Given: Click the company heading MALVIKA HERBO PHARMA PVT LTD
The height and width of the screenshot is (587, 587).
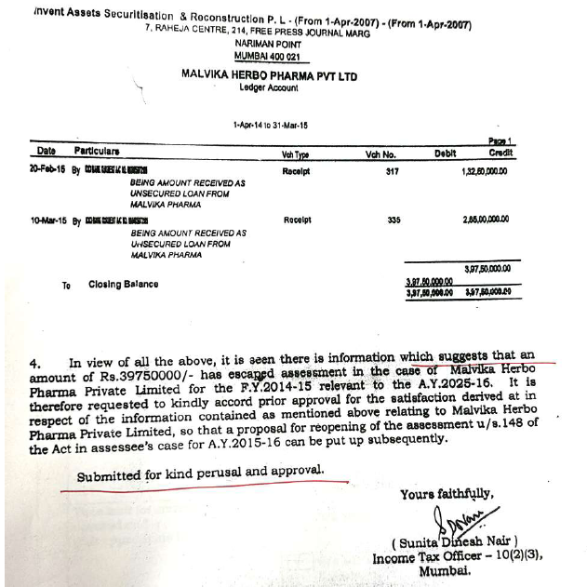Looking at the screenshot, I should click(x=269, y=75).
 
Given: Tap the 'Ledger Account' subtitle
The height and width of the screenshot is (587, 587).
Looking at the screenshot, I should click(x=269, y=87).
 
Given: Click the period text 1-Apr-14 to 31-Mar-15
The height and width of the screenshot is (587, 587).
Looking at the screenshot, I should click(x=271, y=125).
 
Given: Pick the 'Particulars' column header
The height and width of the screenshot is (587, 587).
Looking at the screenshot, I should click(x=98, y=150).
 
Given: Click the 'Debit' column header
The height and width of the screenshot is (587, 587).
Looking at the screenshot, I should click(x=446, y=154).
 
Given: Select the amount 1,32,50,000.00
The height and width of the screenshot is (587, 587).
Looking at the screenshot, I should click(x=485, y=172).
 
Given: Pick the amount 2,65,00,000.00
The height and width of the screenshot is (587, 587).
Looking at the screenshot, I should click(x=486, y=220).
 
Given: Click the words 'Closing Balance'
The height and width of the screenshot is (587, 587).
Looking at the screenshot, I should click(x=123, y=284).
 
